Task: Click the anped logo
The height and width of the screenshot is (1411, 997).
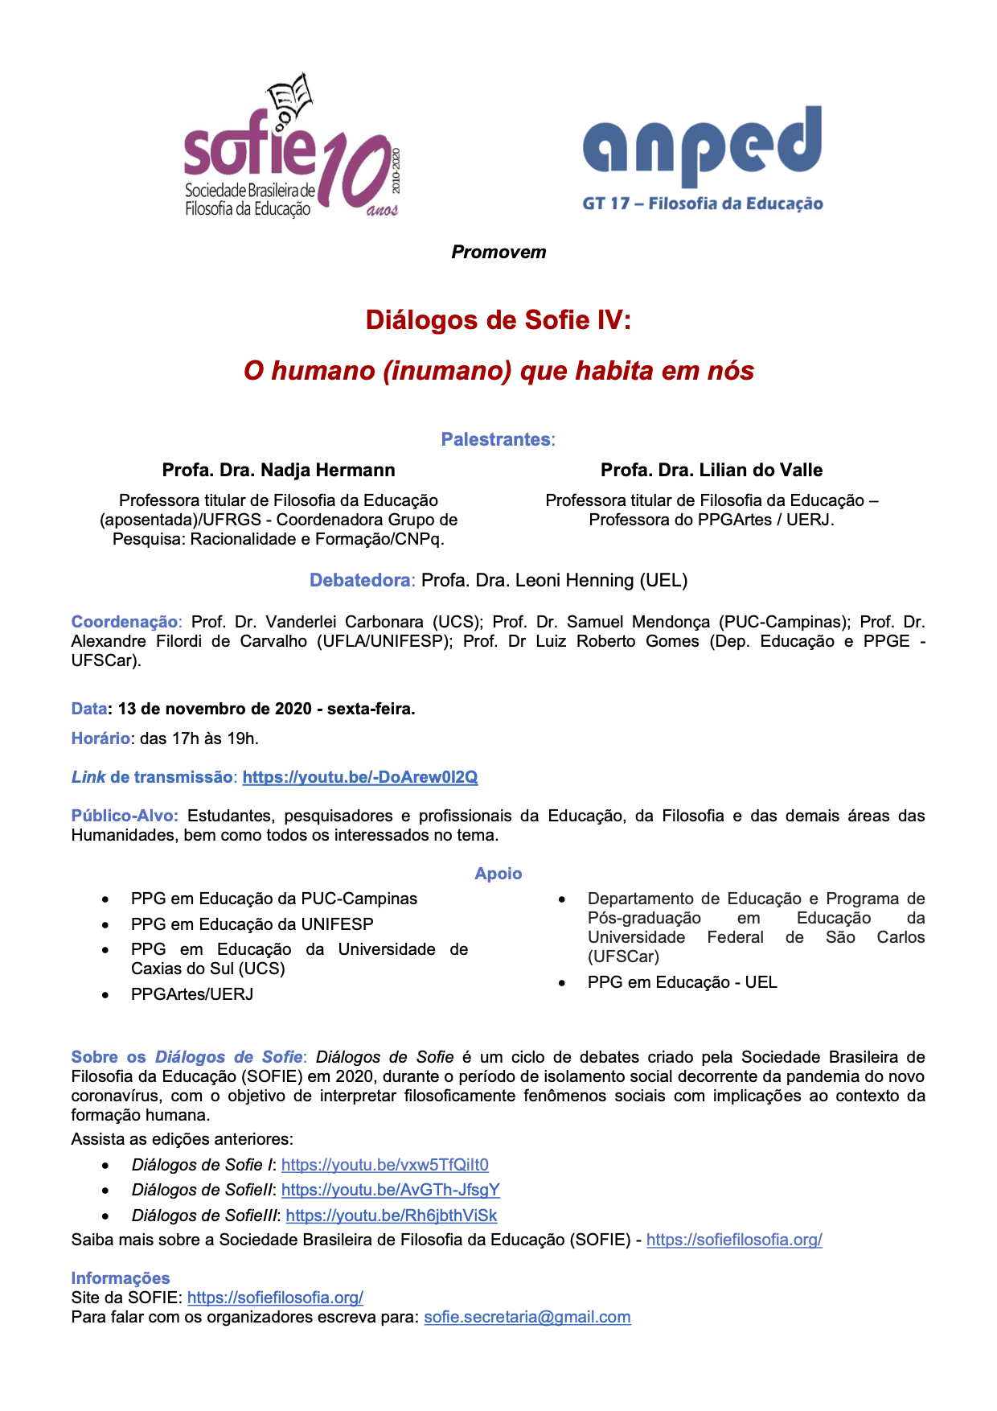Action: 702,157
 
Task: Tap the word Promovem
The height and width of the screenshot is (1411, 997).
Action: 498,252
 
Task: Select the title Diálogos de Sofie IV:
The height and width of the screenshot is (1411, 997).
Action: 498,320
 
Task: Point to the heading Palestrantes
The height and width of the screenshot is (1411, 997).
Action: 496,439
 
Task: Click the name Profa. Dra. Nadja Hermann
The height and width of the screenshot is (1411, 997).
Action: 278,470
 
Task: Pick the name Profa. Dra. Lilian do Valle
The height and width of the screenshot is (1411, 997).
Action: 712,470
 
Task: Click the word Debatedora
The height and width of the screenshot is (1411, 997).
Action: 360,580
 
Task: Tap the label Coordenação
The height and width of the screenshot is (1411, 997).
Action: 125,622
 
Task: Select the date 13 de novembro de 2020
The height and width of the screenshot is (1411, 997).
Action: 215,709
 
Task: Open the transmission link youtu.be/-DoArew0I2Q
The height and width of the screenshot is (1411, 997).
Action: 360,777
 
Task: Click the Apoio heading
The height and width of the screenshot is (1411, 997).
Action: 498,874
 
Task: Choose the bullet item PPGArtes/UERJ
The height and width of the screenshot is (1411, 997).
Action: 192,994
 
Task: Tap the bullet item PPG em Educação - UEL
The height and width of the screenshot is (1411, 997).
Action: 682,982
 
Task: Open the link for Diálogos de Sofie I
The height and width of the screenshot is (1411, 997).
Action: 385,1165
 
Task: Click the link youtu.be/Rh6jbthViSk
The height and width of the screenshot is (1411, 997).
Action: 392,1216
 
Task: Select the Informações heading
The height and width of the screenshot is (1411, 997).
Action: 121,1278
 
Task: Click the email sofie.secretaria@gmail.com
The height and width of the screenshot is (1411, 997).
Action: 527,1317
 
